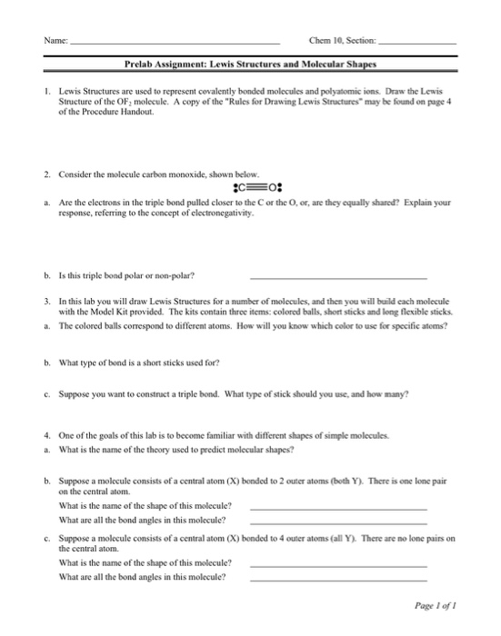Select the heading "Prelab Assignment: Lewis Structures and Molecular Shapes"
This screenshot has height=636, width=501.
pos(250,65)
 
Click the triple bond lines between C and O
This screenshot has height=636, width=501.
pos(250,191)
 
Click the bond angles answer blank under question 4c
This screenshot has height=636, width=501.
pos(337,578)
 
